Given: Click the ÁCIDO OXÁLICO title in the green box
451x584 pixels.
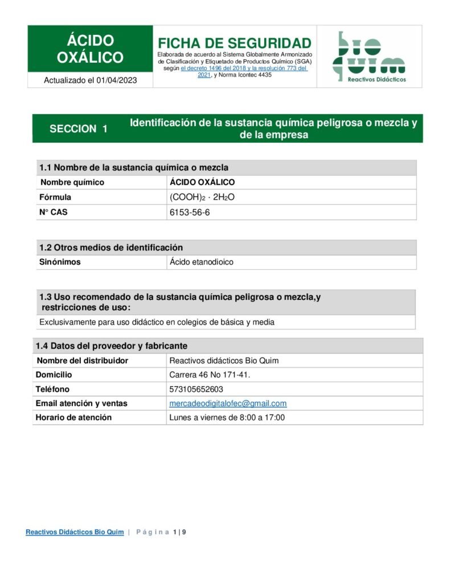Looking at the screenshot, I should (90, 49).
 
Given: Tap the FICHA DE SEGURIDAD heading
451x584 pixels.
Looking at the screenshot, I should (234, 43).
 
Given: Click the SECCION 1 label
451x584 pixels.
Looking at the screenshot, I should (79, 129).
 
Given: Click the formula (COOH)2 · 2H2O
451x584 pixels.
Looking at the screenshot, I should (202, 197).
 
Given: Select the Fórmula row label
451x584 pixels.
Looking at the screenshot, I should (55, 197).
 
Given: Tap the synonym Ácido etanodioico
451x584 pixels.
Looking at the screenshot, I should (202, 262).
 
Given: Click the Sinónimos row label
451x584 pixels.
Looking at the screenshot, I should (60, 262).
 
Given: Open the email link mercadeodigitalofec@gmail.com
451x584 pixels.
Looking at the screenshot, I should (228, 403).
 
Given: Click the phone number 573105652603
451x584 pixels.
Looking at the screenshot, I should (196, 389).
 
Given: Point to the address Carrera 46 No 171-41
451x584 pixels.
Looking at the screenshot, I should (210, 375).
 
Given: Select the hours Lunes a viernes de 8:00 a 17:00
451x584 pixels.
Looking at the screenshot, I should (227, 417).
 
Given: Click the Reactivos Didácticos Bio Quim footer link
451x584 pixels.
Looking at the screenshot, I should (75, 532).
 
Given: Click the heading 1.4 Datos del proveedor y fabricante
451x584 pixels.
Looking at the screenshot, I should (112, 346).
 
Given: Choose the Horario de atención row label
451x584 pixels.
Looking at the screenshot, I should (73, 417).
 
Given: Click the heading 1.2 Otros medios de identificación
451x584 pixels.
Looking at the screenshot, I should (111, 248).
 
